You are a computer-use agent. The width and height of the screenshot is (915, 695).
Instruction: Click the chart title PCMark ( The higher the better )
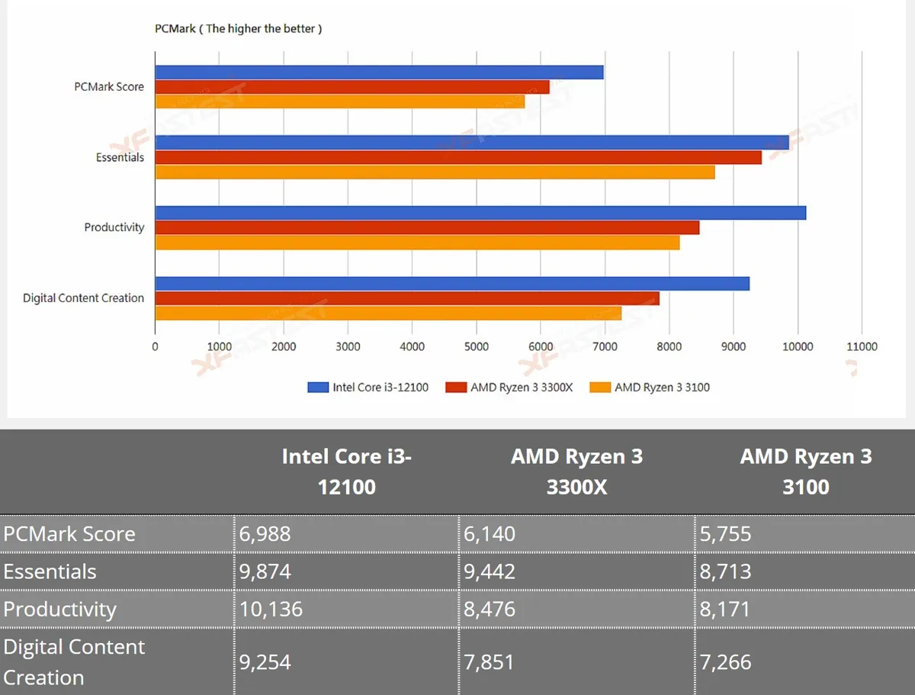(x=238, y=29)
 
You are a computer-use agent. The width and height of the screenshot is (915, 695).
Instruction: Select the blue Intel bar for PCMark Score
(x=379, y=72)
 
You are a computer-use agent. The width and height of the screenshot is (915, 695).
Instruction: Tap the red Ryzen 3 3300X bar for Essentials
(x=458, y=157)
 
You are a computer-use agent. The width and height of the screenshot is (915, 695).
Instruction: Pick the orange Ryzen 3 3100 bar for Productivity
(x=417, y=243)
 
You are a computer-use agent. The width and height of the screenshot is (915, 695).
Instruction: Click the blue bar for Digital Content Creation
(x=452, y=284)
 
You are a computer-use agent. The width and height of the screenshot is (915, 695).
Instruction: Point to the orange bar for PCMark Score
(x=340, y=101)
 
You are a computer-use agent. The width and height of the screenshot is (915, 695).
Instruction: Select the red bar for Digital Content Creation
(x=407, y=298)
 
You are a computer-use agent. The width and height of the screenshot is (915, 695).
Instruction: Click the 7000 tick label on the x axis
(x=605, y=346)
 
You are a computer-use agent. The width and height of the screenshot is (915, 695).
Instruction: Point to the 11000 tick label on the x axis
(x=862, y=346)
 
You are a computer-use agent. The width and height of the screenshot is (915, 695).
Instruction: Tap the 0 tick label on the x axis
(x=155, y=346)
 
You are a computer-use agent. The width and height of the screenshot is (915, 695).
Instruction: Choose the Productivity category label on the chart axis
(x=114, y=227)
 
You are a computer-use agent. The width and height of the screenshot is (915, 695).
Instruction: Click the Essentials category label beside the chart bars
(x=120, y=157)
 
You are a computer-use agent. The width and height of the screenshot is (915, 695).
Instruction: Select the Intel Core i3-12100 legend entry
(x=368, y=388)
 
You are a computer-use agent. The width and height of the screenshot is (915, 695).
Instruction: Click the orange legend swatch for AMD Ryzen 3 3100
(x=600, y=388)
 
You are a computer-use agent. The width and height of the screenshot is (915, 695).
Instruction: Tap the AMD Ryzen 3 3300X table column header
(x=577, y=471)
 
